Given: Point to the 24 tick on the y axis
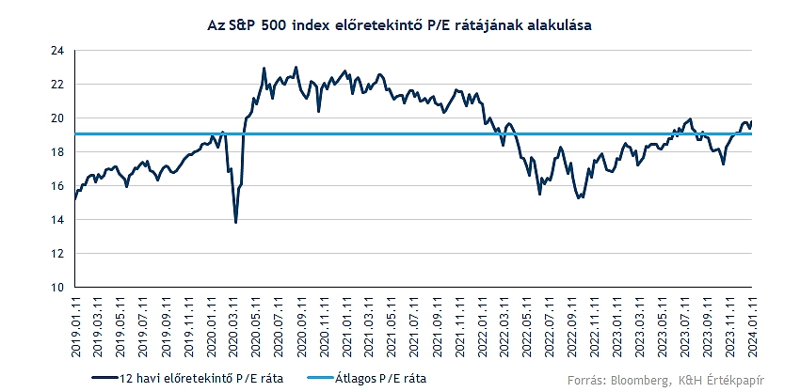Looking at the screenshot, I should pos(58,51).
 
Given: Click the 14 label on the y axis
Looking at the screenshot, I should pos(58,220).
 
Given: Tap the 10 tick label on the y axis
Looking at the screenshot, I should pos(58,288).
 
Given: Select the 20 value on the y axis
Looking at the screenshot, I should pos(58,118).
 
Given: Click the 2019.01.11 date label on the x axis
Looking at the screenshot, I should pos(75,324).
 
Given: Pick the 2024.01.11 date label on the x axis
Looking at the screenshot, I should pos(752,324).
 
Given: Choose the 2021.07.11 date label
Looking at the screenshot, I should pos(414,324).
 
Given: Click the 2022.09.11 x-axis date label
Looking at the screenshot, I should pos(571,324).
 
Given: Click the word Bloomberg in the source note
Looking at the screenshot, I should pos(643,380).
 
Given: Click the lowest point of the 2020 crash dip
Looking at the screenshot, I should pos(235,222).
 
